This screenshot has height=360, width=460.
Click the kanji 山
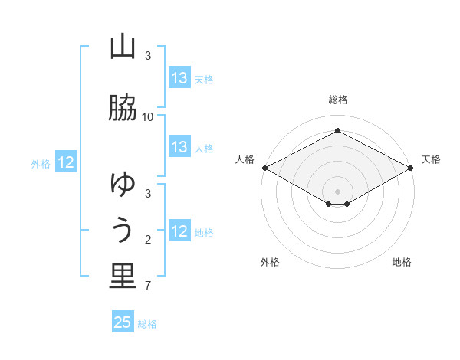[123, 47]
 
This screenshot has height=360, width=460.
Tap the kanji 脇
[123, 109]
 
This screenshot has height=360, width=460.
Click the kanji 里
[123, 277]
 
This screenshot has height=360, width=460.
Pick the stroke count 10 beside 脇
[148, 117]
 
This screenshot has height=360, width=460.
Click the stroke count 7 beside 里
[149, 286]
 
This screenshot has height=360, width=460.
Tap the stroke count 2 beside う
[149, 240]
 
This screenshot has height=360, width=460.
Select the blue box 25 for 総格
[123, 322]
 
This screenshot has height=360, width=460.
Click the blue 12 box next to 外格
[66, 162]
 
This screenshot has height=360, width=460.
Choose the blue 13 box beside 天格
[179, 78]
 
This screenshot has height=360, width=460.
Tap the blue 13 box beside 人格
[179, 147]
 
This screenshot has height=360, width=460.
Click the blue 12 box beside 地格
[179, 231]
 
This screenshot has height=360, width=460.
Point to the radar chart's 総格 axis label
[338, 100]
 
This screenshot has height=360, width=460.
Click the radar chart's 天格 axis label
[431, 159]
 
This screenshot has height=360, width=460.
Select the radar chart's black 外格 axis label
[270, 262]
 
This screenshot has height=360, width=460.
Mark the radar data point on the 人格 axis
[264, 168]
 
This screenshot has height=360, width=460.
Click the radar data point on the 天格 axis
[412, 168]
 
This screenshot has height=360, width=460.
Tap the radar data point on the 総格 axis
[338, 131]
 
